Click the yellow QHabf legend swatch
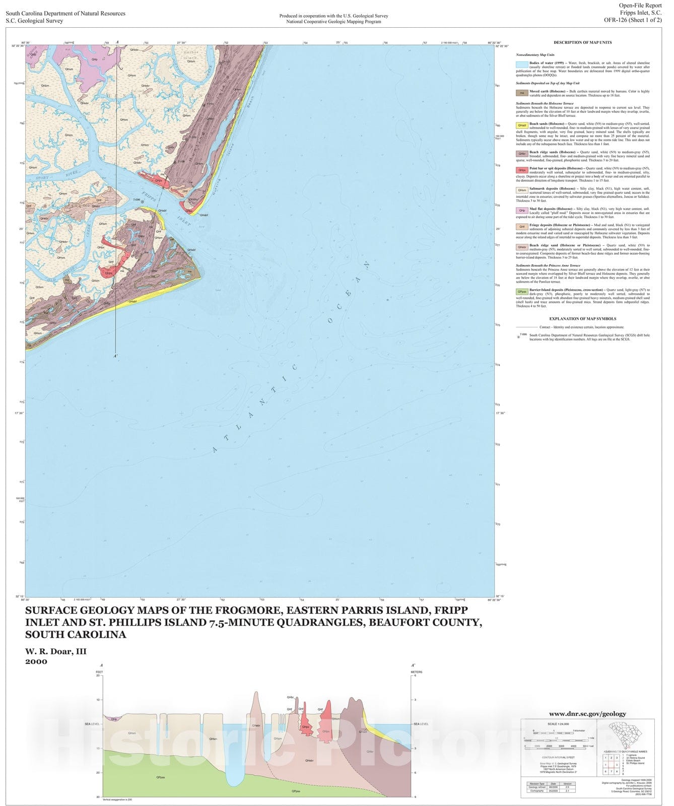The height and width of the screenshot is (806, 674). click(522, 125)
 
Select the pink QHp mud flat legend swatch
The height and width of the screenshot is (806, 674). click(522, 211)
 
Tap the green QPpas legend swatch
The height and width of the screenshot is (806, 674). click(522, 292)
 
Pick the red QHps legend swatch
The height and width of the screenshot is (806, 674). click(522, 170)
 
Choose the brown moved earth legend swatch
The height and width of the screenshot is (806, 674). click(522, 93)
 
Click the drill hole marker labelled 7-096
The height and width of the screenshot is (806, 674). click(143, 203)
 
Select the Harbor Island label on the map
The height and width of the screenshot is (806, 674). click(191, 55)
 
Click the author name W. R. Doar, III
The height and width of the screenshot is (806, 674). click(56, 651)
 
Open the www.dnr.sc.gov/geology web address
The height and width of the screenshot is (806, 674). click(587, 713)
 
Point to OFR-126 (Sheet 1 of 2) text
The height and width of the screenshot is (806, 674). click(633, 20)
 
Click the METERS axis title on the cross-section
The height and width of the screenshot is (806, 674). click(417, 671)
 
